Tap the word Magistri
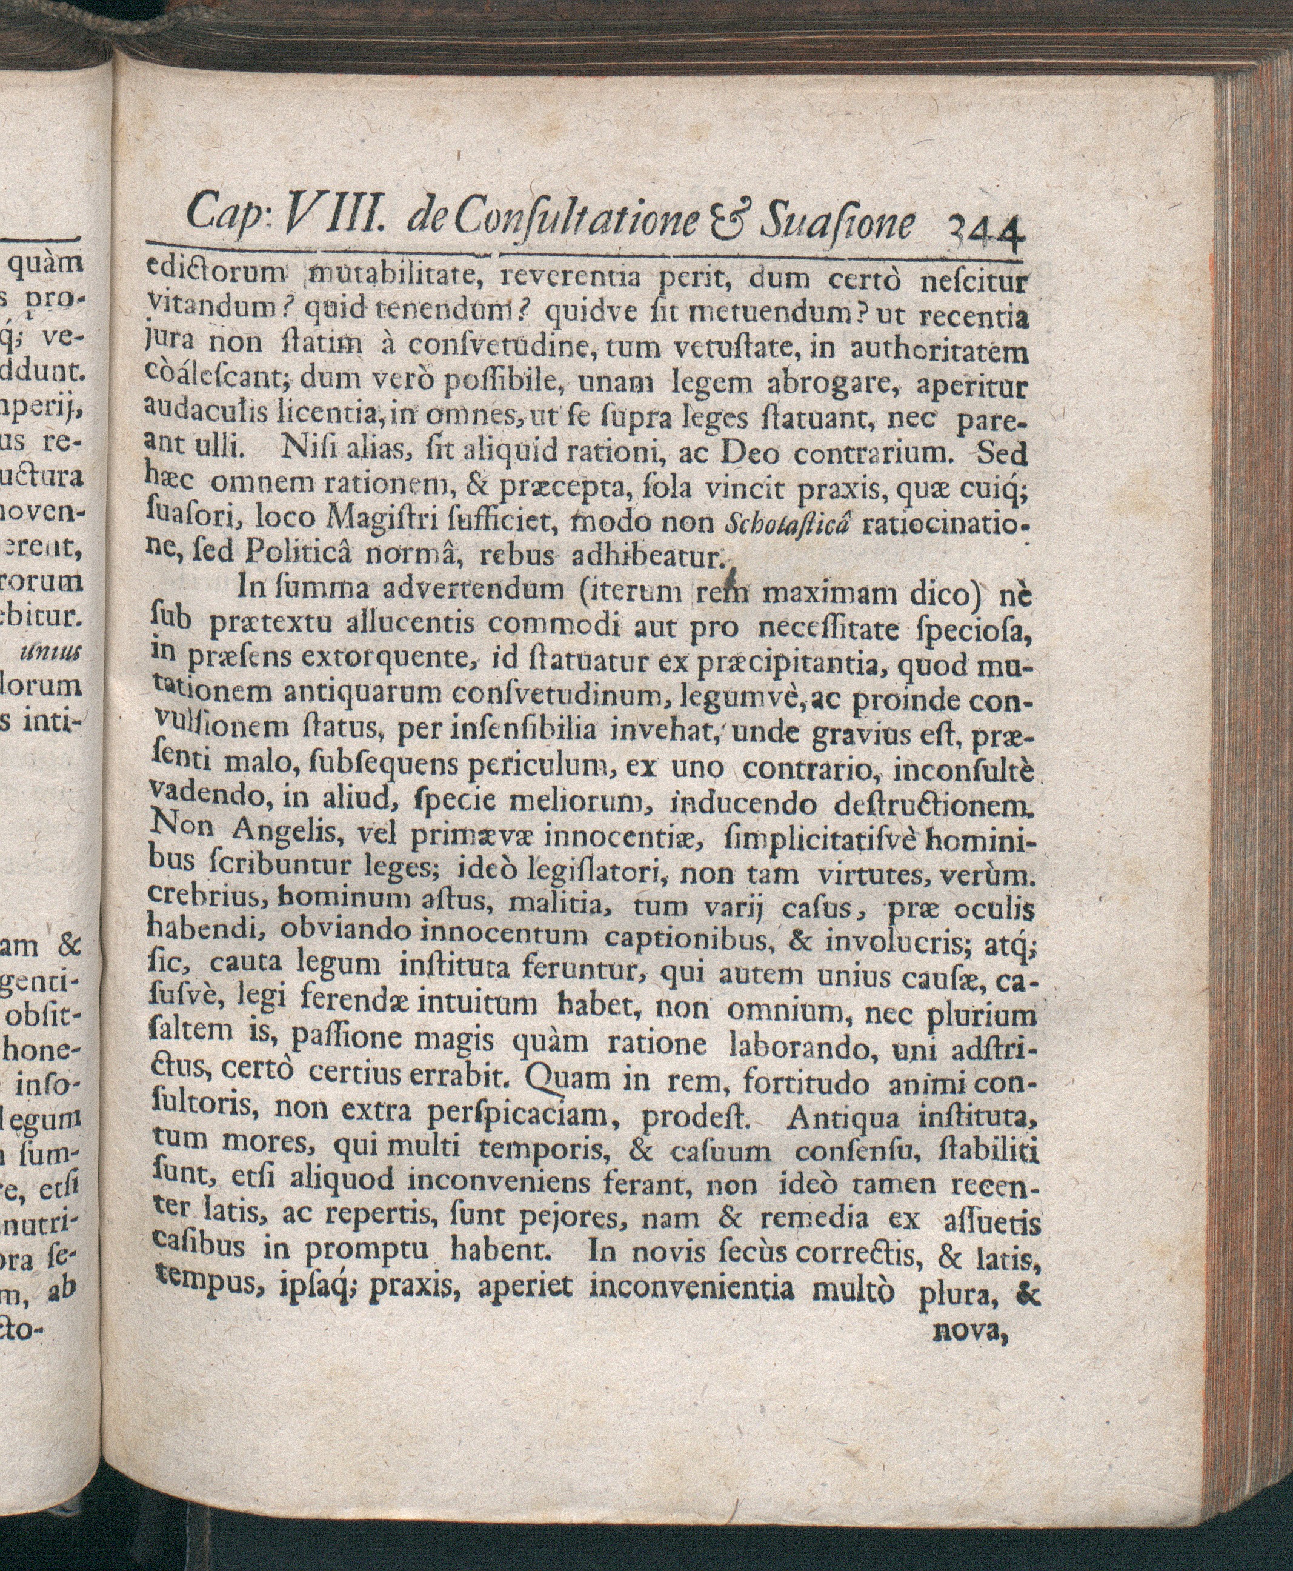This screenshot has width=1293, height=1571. [x=373, y=521]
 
